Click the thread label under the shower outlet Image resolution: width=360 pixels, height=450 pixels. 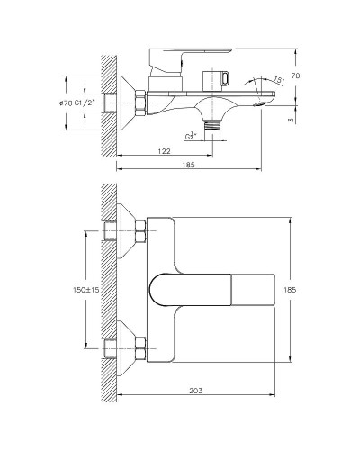tap(192, 137)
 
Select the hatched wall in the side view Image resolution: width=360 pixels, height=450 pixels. tap(109, 103)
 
